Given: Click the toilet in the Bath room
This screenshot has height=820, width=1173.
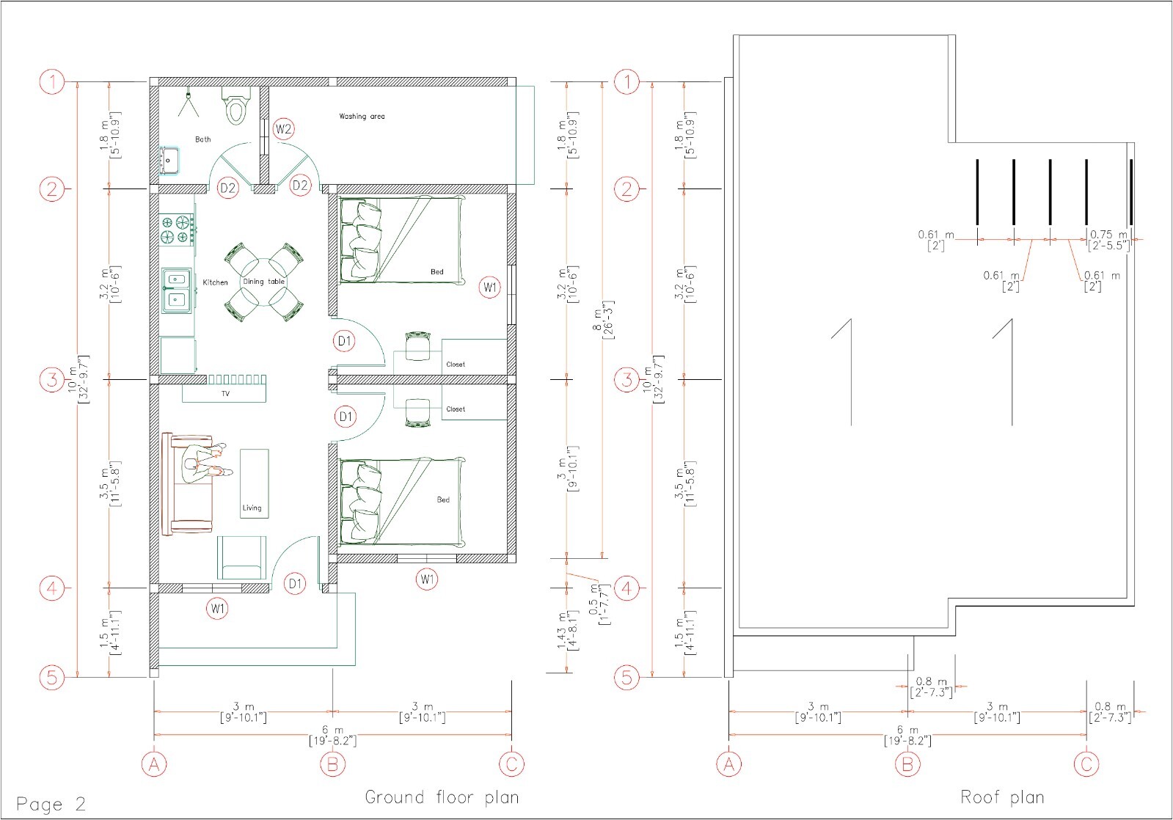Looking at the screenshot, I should click(x=235, y=108).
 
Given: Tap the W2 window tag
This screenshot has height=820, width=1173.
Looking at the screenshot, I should click(x=284, y=130).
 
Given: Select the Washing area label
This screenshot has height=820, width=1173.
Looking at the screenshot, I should click(x=361, y=117).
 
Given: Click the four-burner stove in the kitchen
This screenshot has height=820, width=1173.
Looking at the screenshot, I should click(x=177, y=229).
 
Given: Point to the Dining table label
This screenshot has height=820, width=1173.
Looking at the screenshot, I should click(x=263, y=282).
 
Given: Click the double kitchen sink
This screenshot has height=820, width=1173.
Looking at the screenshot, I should click(x=175, y=289).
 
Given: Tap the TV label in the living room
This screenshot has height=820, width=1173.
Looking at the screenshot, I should click(x=225, y=394).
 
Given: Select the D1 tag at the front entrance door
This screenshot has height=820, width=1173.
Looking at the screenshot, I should click(x=295, y=584).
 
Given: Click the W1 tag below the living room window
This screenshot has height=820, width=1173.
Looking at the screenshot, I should click(x=218, y=608).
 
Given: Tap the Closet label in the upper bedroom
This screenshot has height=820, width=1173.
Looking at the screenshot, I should click(x=456, y=365).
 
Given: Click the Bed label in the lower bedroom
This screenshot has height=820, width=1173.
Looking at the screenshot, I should click(x=443, y=499).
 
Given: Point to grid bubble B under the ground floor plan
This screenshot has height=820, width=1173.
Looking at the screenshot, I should click(x=332, y=764).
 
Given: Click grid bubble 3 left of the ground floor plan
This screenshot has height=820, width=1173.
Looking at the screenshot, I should click(x=52, y=380).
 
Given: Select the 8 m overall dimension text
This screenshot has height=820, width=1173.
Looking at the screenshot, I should click(x=607, y=320).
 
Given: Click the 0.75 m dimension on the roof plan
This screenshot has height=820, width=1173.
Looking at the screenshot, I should click(x=1108, y=240).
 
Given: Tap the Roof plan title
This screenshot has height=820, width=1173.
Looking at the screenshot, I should click(x=1002, y=797).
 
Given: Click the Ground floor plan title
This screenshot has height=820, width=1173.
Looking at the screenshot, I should click(x=442, y=797).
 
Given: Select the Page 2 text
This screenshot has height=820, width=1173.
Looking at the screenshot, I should click(x=51, y=804).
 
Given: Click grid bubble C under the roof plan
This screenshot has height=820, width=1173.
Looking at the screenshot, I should click(x=1086, y=764).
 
